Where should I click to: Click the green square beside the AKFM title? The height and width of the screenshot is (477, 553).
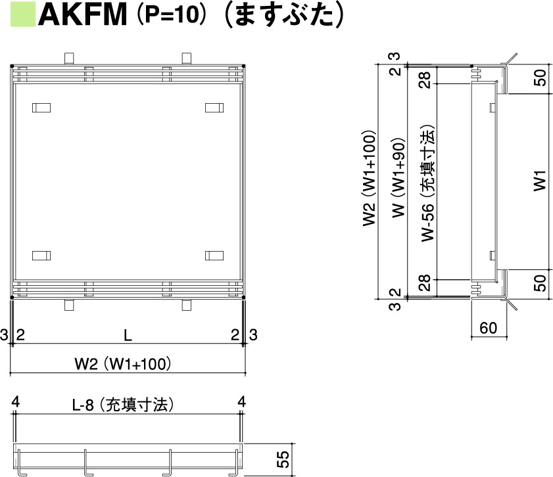click(23, 15)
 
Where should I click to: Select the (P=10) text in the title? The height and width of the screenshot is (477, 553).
click(170, 15)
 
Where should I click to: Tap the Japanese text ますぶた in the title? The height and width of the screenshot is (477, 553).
click(283, 15)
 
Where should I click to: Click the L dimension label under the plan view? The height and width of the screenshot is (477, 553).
click(128, 335)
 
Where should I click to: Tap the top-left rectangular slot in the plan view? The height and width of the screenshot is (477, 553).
click(41, 107)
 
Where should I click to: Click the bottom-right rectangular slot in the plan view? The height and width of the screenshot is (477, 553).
click(214, 254)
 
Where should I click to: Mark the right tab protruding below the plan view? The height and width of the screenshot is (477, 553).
click(187, 305)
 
